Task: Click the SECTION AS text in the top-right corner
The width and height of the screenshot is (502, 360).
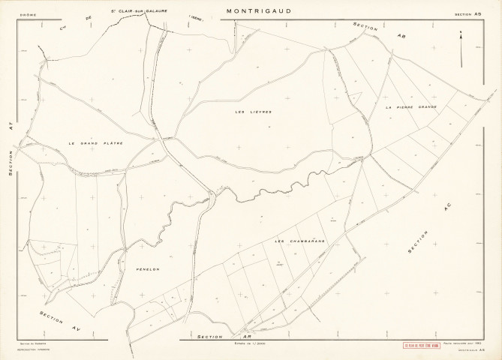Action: pyautogui.click(x=469, y=13)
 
